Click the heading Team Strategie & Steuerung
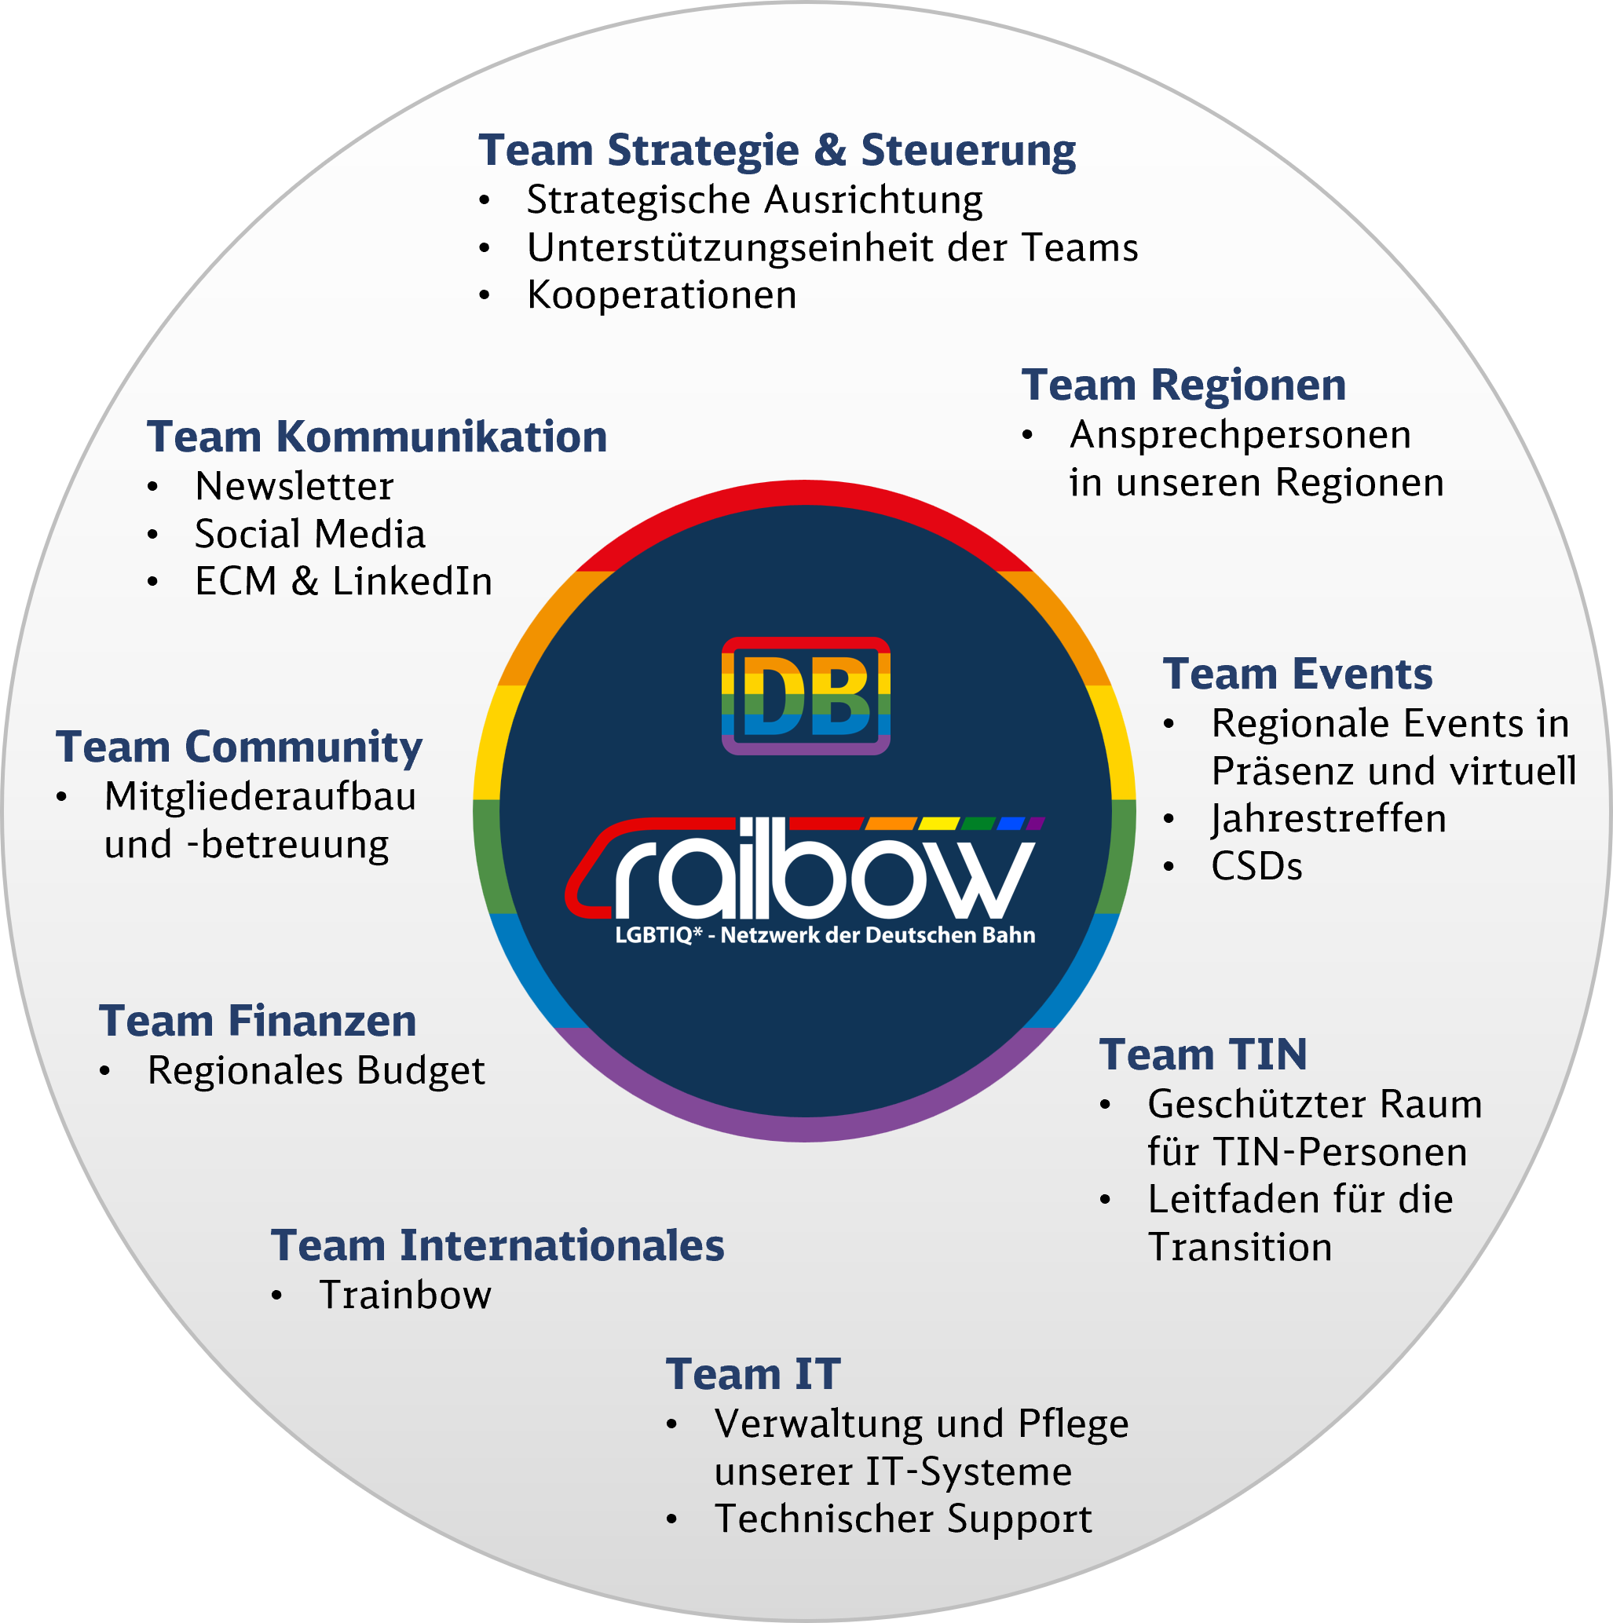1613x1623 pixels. (777, 152)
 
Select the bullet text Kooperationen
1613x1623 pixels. (662, 295)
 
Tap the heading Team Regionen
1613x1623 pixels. (1183, 386)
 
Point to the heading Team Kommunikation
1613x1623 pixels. (377, 437)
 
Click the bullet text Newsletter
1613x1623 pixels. (294, 486)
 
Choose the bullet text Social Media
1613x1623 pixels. (310, 534)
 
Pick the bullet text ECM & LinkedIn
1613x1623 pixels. (344, 581)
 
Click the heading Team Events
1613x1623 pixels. (1298, 674)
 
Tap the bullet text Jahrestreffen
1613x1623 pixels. (1329, 819)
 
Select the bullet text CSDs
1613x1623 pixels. (1256, 867)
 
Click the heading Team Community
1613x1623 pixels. (240, 748)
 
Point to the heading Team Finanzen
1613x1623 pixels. (258, 1022)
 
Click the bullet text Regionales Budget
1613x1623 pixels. (316, 1071)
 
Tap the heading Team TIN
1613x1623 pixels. (1204, 1055)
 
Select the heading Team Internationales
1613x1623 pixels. (497, 1246)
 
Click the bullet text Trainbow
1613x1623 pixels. (406, 1296)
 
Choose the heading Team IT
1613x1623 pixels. (754, 1375)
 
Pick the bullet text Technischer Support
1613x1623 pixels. (903, 1519)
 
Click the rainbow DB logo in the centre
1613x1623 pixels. (806, 696)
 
